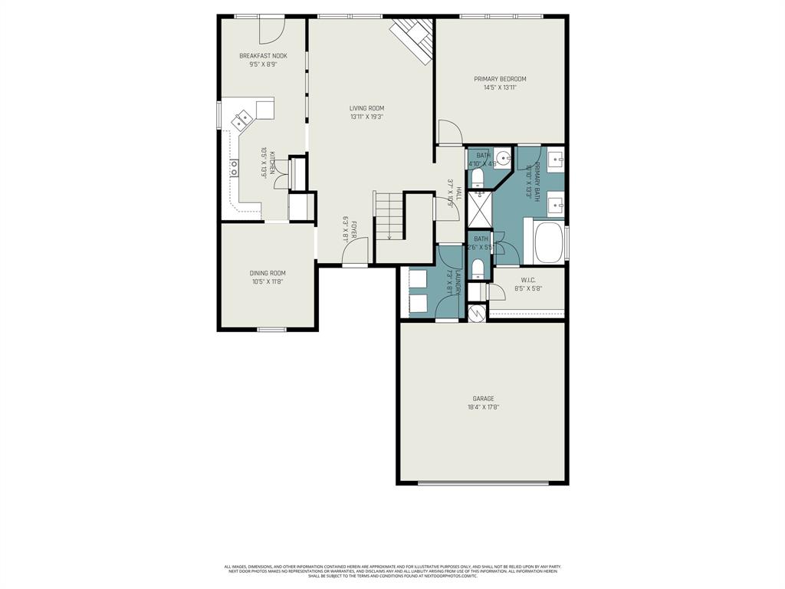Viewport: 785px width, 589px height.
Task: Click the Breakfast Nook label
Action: [x=263, y=56]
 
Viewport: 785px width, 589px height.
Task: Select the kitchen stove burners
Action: [x=233, y=169]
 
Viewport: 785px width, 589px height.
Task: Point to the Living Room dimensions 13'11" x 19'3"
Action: [x=366, y=117]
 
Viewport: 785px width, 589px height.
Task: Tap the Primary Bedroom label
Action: [x=500, y=79]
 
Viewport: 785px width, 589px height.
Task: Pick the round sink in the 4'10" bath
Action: [x=502, y=160]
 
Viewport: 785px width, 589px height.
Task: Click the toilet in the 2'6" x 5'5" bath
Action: [x=478, y=268]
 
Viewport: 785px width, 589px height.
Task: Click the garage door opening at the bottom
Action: [x=483, y=483]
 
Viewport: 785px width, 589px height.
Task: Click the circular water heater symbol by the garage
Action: [x=476, y=313]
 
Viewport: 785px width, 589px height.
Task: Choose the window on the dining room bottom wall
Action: [x=271, y=330]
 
